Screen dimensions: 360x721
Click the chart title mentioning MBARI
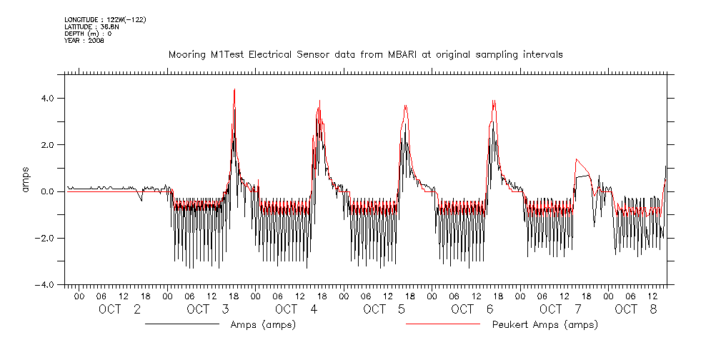click(x=365, y=54)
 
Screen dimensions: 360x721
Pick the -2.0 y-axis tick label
click(x=52, y=238)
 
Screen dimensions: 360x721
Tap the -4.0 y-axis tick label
click(x=52, y=284)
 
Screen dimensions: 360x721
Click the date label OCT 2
click(x=119, y=309)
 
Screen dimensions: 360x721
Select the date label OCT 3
click(x=207, y=309)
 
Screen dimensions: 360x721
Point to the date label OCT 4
click(x=296, y=309)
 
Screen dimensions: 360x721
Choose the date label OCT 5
click(x=384, y=309)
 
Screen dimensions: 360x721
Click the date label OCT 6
click(x=472, y=309)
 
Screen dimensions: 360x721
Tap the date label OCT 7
click(x=561, y=309)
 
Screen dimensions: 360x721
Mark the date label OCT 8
click(x=635, y=309)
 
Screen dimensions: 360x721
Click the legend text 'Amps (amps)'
click(x=263, y=325)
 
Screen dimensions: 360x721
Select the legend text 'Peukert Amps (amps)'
click(x=545, y=325)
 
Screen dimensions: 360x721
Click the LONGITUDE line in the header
click(x=105, y=20)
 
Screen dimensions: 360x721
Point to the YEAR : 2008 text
click(x=84, y=41)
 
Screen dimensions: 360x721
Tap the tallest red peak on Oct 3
click(x=234, y=89)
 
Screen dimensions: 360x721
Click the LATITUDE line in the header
click(x=91, y=27)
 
